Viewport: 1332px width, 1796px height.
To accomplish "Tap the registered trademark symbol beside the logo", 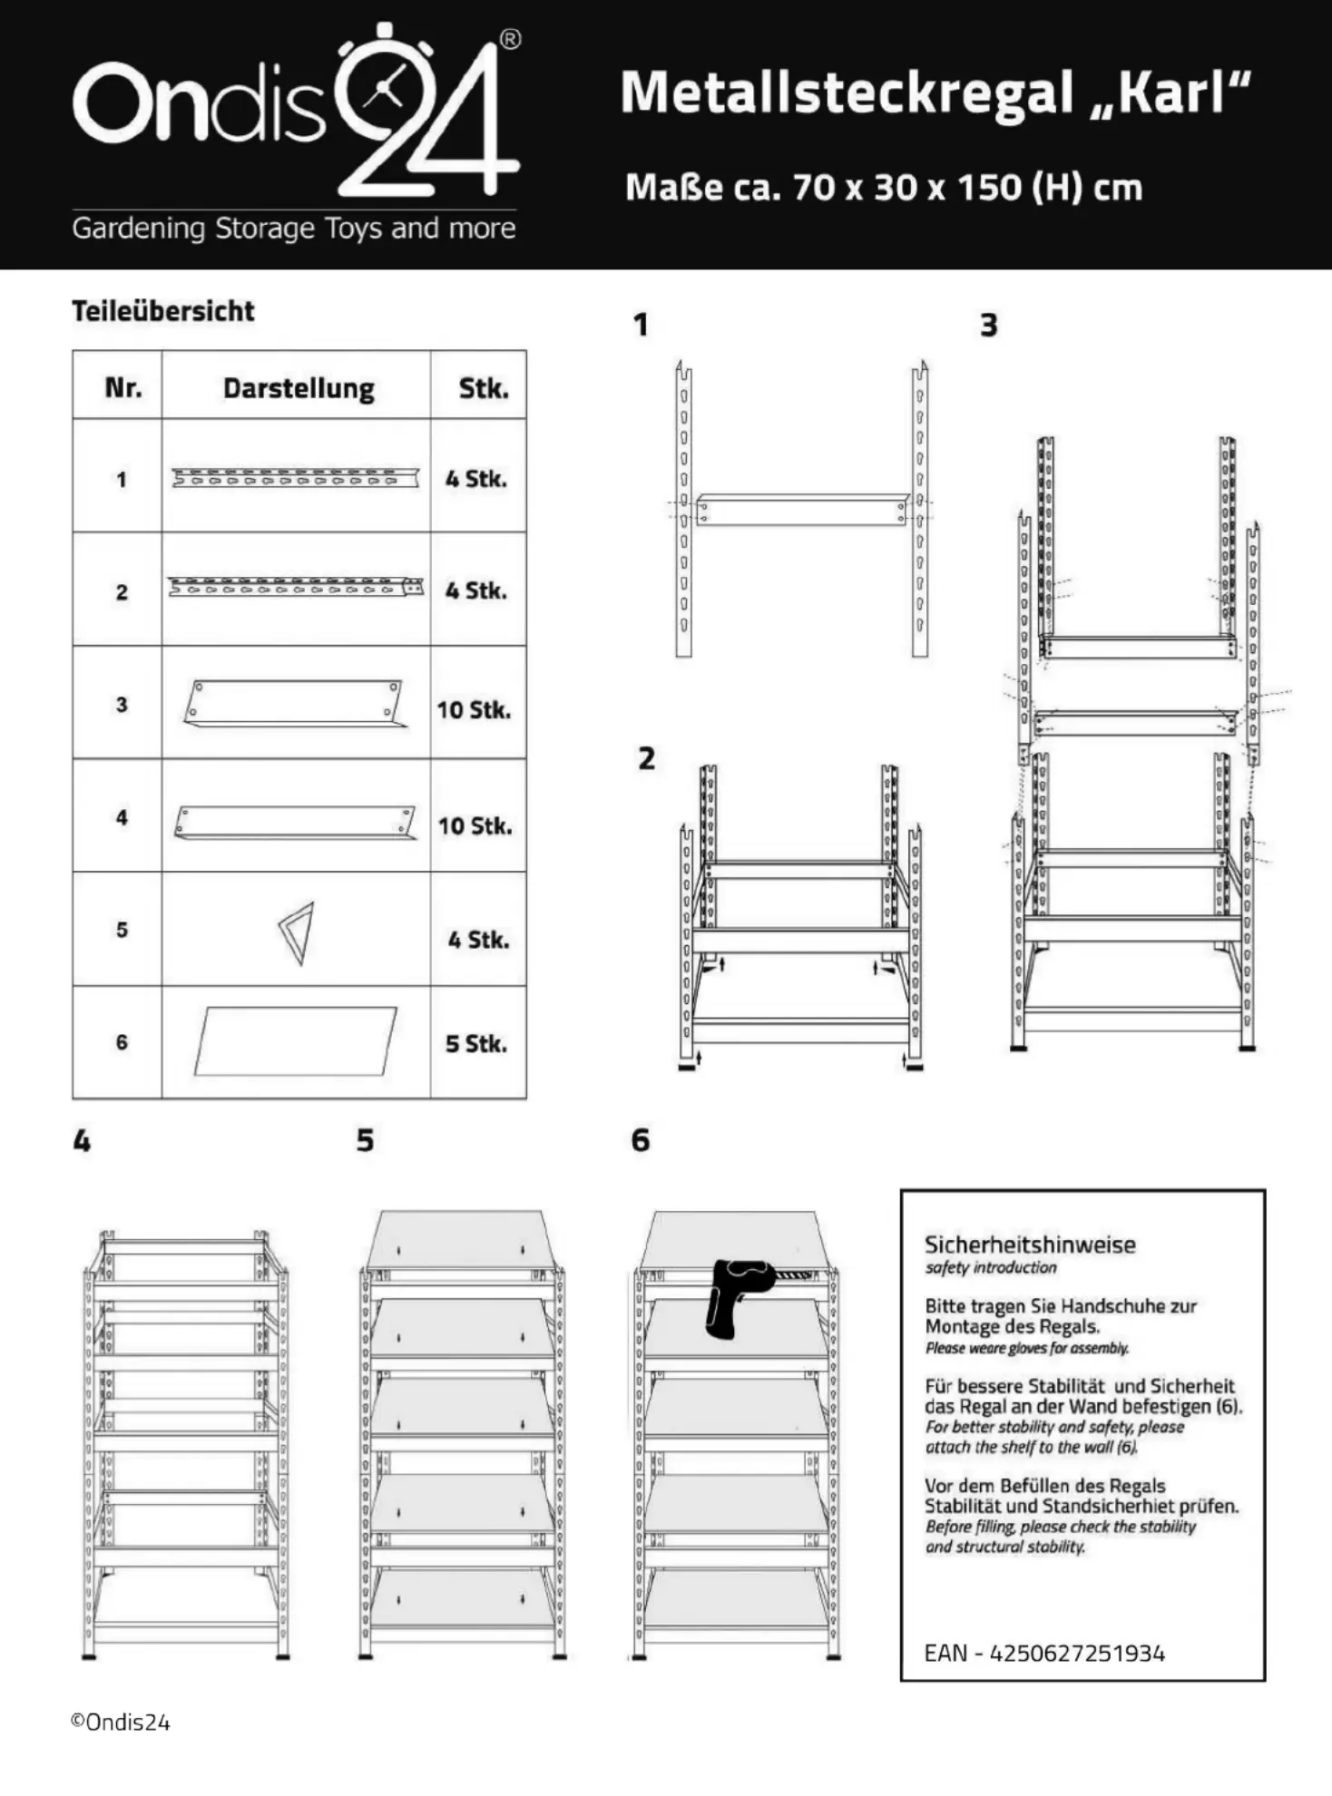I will point(510,40).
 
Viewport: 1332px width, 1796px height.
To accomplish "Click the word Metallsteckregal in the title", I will point(847,93).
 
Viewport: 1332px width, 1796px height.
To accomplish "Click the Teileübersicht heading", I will point(163,311).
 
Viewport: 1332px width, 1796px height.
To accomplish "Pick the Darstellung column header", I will point(299,388).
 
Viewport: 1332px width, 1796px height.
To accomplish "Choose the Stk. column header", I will point(483,388).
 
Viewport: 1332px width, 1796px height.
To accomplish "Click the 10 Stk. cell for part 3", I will point(475,709).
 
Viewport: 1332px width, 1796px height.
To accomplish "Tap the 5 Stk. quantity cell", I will point(475,1043).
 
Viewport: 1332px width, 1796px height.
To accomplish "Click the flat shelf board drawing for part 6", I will point(296,1040).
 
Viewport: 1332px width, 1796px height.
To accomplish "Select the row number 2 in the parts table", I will point(122,592).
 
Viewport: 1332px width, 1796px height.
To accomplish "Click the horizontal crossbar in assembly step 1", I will point(802,510).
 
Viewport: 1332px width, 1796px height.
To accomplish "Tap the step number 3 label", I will point(989,325).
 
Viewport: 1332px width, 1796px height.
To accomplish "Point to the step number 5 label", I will point(365,1140).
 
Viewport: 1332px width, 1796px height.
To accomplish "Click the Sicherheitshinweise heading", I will point(1030,1245).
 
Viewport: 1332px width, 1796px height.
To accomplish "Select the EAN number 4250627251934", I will point(1077,1653).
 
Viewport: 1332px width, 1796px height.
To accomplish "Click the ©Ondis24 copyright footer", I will point(121,1723).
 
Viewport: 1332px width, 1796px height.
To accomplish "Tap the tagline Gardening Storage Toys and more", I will point(294,228).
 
